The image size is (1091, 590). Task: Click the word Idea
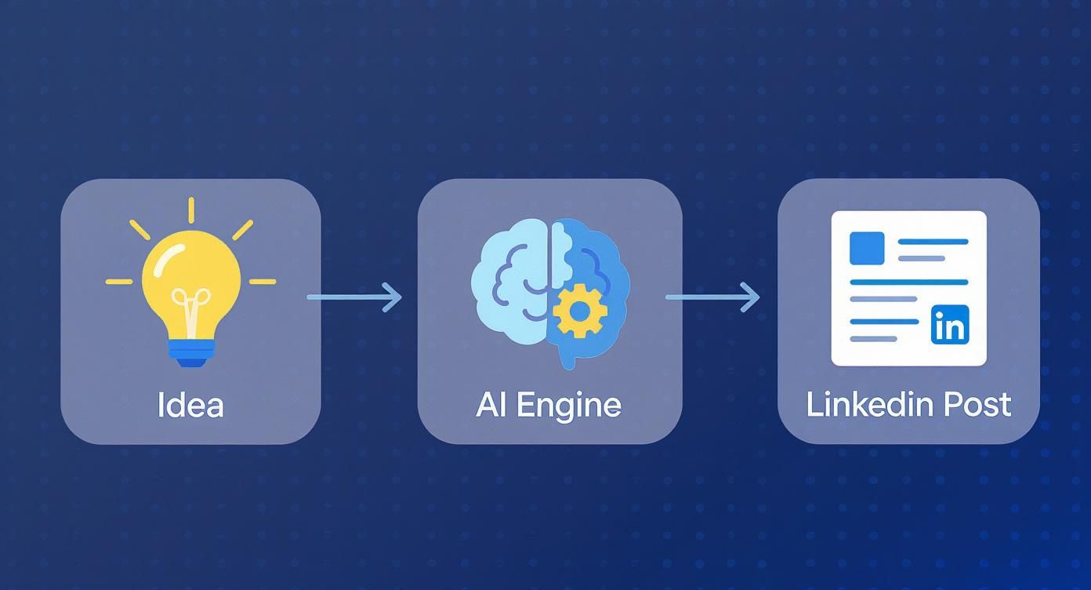tap(190, 405)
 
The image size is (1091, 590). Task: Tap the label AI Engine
tap(549, 405)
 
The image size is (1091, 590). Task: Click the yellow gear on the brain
tap(580, 311)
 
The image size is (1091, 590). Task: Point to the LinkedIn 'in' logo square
tap(950, 325)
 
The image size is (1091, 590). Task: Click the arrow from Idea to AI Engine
tap(354, 297)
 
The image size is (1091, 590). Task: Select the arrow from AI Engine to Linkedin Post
tap(712, 297)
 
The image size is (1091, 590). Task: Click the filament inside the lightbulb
tap(191, 302)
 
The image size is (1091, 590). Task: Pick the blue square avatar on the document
tap(867, 248)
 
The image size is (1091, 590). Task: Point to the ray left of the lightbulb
tap(119, 281)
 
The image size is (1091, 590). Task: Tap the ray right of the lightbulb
tap(263, 281)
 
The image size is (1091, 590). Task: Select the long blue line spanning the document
tap(909, 281)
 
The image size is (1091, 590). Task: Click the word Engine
tap(581, 405)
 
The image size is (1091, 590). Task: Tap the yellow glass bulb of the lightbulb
tap(191, 271)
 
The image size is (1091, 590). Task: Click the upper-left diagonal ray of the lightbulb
tap(140, 229)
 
